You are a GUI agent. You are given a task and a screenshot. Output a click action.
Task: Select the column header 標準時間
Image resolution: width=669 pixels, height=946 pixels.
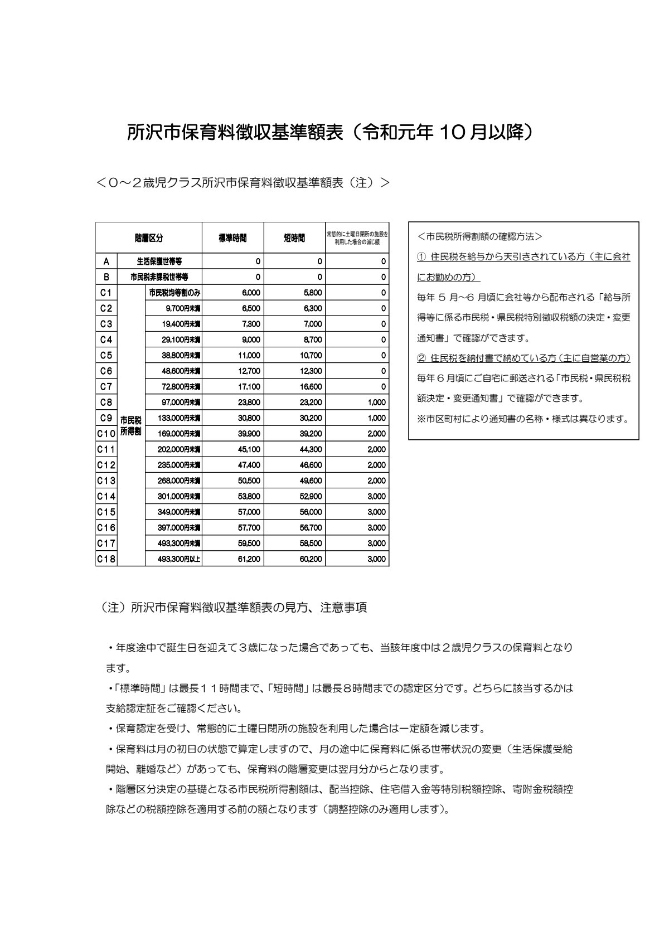[232, 238]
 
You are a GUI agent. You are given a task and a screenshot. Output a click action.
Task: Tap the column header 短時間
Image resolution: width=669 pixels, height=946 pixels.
[294, 238]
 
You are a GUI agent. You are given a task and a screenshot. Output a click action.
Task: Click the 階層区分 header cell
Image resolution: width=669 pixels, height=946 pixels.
[149, 238]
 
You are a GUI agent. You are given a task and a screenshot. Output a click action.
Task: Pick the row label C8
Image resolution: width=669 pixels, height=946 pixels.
[106, 402]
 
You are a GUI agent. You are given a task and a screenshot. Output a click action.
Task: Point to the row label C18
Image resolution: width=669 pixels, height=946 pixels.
[106, 559]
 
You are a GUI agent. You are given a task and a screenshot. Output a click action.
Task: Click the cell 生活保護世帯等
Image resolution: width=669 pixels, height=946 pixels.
[159, 261]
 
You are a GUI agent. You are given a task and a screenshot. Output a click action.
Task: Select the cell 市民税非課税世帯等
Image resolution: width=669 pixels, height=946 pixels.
[159, 276]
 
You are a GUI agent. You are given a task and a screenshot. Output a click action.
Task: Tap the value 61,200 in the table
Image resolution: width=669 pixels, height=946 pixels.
[249, 559]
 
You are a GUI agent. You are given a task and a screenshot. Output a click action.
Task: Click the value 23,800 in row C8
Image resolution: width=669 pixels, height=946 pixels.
[249, 402]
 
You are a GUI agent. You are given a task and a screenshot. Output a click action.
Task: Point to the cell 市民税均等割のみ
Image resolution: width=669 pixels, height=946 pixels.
[174, 292]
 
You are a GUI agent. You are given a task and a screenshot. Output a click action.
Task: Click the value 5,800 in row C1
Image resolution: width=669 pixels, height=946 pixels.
[313, 292]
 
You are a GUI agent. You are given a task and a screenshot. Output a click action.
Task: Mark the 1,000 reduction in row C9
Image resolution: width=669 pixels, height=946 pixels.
[377, 418]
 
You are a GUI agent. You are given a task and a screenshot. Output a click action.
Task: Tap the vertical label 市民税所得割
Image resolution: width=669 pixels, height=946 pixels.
[131, 426]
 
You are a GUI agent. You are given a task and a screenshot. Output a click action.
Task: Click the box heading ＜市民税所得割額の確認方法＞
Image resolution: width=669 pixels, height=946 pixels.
[479, 236]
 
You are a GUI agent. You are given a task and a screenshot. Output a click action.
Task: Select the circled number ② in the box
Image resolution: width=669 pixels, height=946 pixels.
[421, 358]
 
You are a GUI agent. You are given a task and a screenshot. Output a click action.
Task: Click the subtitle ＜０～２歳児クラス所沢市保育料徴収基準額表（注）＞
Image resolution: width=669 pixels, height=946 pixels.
[243, 182]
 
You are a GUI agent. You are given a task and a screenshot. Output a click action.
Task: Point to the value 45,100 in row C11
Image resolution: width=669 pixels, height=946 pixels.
[249, 449]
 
